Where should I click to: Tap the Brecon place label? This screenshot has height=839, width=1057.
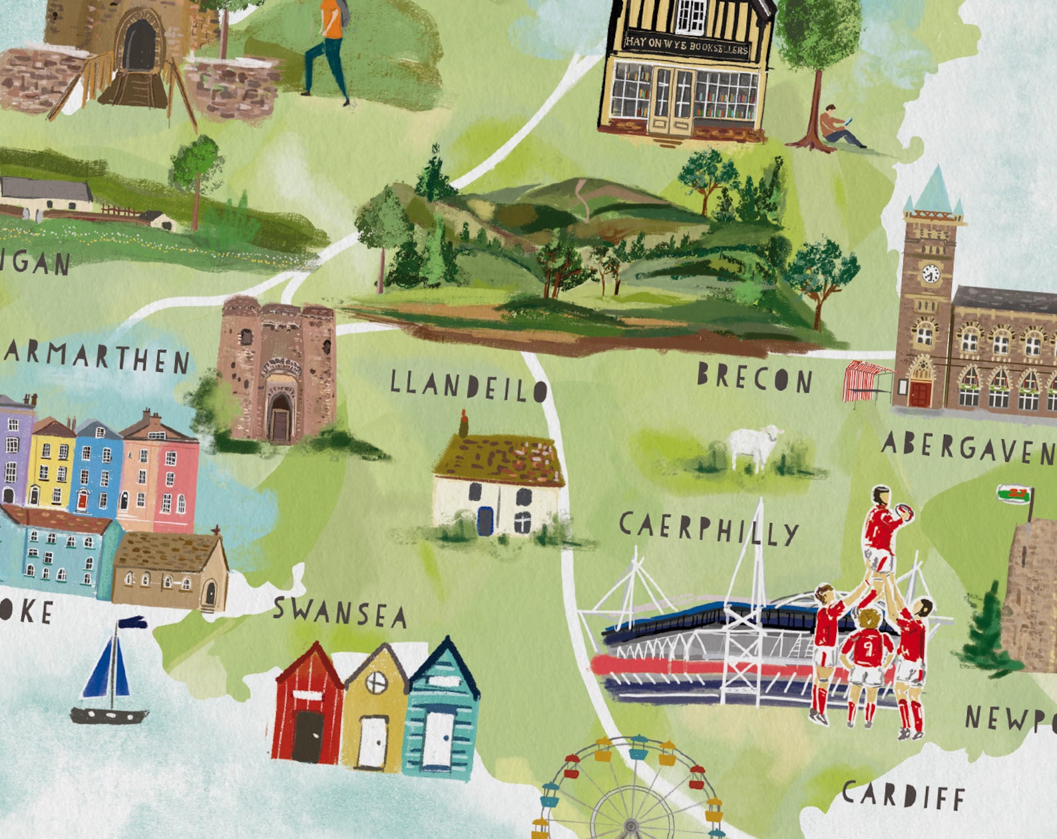click(755, 378)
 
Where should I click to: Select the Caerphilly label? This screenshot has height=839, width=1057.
click(709, 529)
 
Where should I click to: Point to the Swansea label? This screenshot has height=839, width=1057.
click(340, 612)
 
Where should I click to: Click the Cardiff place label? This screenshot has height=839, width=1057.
click(903, 795)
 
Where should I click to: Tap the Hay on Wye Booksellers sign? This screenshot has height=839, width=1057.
click(687, 45)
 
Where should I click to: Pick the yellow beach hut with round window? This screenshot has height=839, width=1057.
click(375, 711)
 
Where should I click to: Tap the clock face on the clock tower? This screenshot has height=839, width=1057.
click(931, 273)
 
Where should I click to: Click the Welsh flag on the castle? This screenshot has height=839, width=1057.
click(1014, 495)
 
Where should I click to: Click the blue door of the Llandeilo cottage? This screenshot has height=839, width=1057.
click(486, 520)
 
